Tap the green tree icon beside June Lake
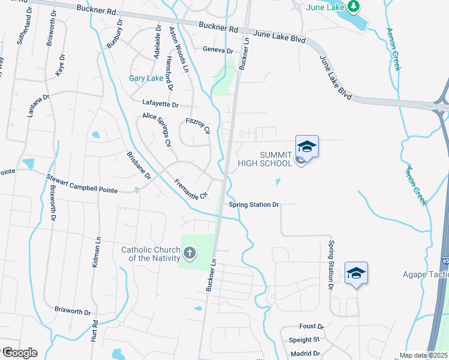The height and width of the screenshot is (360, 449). click(354, 6)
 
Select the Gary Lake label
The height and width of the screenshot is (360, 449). click(146, 79)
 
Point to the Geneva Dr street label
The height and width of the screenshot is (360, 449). click(217, 50)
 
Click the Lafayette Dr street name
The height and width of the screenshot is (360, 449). click(160, 104)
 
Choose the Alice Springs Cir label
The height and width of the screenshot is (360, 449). click(157, 130)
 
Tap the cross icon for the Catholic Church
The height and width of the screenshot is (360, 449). click(190, 253)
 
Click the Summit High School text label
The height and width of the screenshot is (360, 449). click(276, 159)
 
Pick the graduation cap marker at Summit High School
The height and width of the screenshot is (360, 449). click(307, 146)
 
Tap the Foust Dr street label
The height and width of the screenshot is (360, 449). click(311, 326)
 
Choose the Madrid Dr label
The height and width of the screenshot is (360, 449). click(305, 354)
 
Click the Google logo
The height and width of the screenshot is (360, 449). click(19, 353)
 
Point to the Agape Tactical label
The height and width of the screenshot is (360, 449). click(425, 275)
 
